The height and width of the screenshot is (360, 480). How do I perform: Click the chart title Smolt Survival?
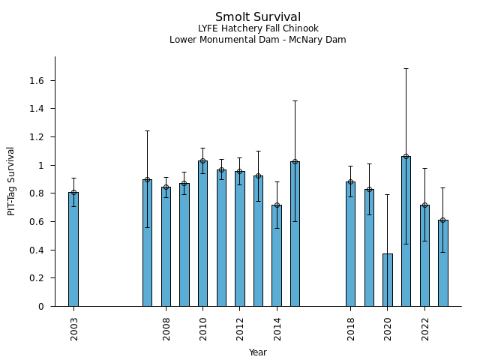[258, 17]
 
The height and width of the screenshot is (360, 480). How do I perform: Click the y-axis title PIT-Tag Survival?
[11, 181]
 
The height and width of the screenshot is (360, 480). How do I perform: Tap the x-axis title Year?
[258, 352]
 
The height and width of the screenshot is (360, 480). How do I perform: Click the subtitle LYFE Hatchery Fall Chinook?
[258, 29]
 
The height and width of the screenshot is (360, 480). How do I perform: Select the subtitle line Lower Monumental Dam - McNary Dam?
[258, 40]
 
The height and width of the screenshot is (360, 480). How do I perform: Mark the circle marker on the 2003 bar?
[73, 192]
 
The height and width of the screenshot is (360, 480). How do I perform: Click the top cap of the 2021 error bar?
[406, 68]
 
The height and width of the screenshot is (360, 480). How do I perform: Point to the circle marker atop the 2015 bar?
[295, 161]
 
